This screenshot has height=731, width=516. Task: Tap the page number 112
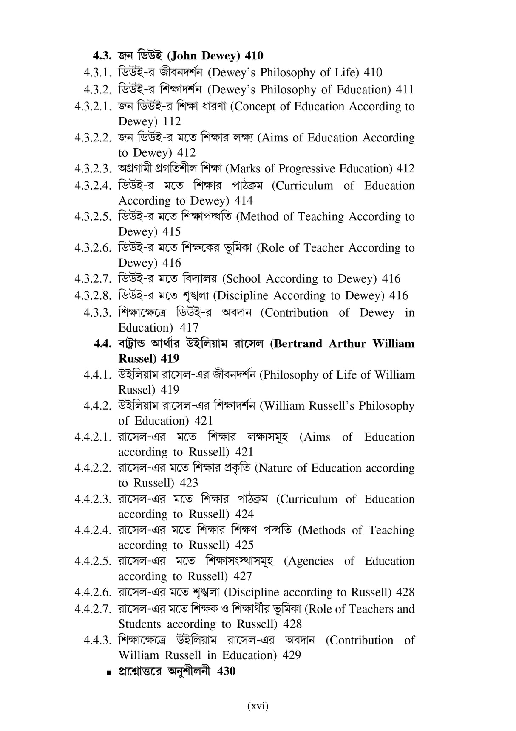172,121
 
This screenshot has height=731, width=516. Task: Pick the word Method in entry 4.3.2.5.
260,216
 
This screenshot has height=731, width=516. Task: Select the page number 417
189,328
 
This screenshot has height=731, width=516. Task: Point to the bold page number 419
170,359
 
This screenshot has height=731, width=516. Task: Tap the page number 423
189,483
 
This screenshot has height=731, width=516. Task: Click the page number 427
243,576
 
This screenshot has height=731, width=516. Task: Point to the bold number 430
226,671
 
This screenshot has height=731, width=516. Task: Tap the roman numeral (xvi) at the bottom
258,706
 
